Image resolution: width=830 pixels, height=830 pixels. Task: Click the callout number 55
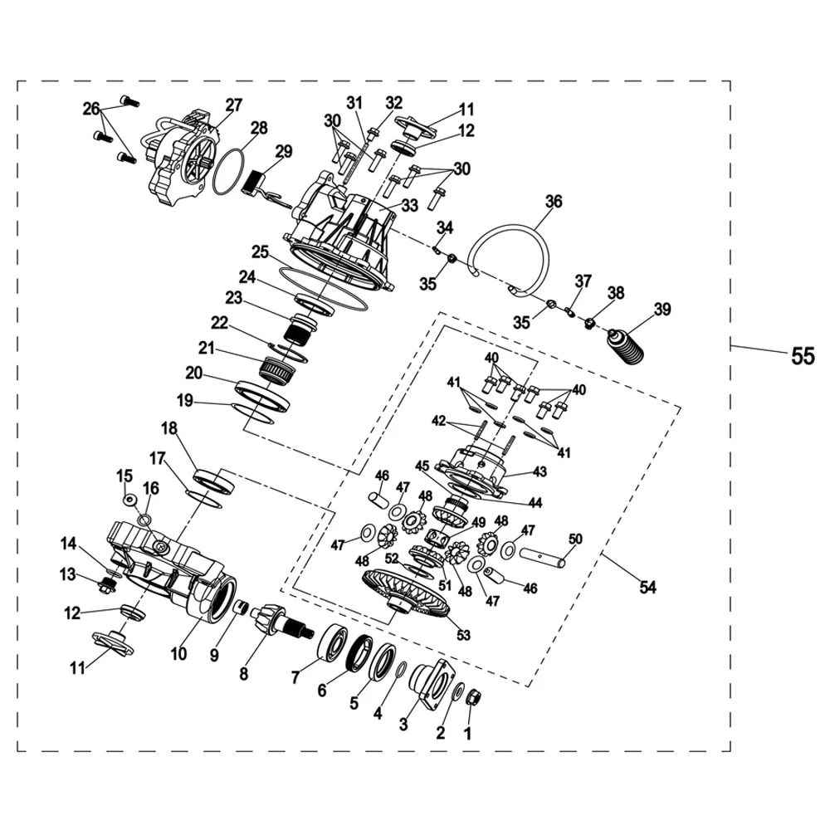pyautogui.click(x=803, y=356)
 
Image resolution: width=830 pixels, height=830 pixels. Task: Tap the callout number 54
pyautogui.click(x=647, y=587)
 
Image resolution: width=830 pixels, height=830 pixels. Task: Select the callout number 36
pyautogui.click(x=554, y=202)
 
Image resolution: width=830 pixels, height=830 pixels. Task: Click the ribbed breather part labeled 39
pyautogui.click(x=626, y=347)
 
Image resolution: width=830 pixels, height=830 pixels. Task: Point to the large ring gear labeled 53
pyautogui.click(x=407, y=595)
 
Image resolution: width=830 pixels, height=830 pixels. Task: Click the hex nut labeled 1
pyautogui.click(x=472, y=699)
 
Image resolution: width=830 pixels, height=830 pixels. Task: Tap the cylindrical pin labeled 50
pyautogui.click(x=542, y=557)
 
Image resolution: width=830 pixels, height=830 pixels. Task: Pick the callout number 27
pyautogui.click(x=233, y=105)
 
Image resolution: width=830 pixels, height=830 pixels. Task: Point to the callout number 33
pyautogui.click(x=410, y=205)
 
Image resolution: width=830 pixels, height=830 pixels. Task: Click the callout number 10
pyautogui.click(x=179, y=654)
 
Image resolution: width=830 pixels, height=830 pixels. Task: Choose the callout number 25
pyautogui.click(x=261, y=252)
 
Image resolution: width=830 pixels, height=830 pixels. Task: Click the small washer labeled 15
pyautogui.click(x=129, y=500)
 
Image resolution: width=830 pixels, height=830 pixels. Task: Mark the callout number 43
pyautogui.click(x=539, y=471)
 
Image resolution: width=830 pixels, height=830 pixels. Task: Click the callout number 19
pyautogui.click(x=185, y=401)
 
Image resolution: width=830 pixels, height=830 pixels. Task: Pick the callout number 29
pyautogui.click(x=283, y=151)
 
